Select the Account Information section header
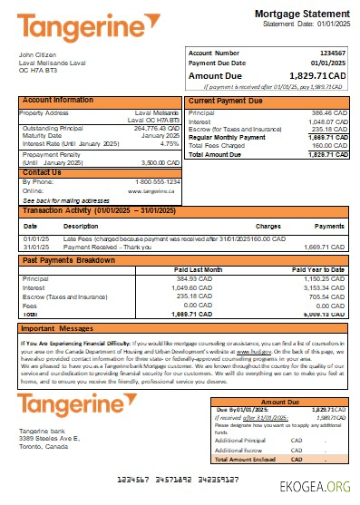click(x=58, y=100)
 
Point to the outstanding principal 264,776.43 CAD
click(x=154, y=128)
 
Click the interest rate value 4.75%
click(x=169, y=143)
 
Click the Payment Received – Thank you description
click(x=103, y=246)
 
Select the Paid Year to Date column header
click(x=317, y=269)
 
